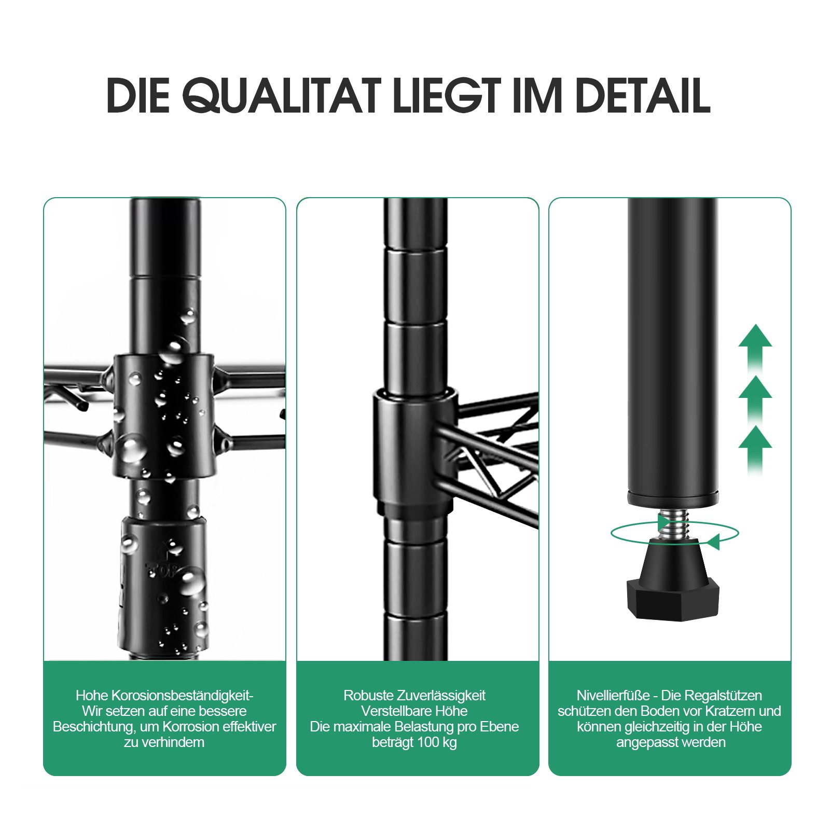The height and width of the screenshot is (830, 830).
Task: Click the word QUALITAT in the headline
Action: pyautogui.click(x=281, y=95)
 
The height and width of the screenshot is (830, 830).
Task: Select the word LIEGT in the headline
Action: pyautogui.click(x=447, y=95)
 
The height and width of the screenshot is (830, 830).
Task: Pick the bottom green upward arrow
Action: pyautogui.click(x=755, y=446)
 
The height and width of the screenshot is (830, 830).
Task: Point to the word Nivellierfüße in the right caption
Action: pyautogui.click(x=613, y=695)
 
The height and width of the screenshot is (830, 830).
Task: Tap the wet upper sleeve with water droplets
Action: pyautogui.click(x=164, y=415)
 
